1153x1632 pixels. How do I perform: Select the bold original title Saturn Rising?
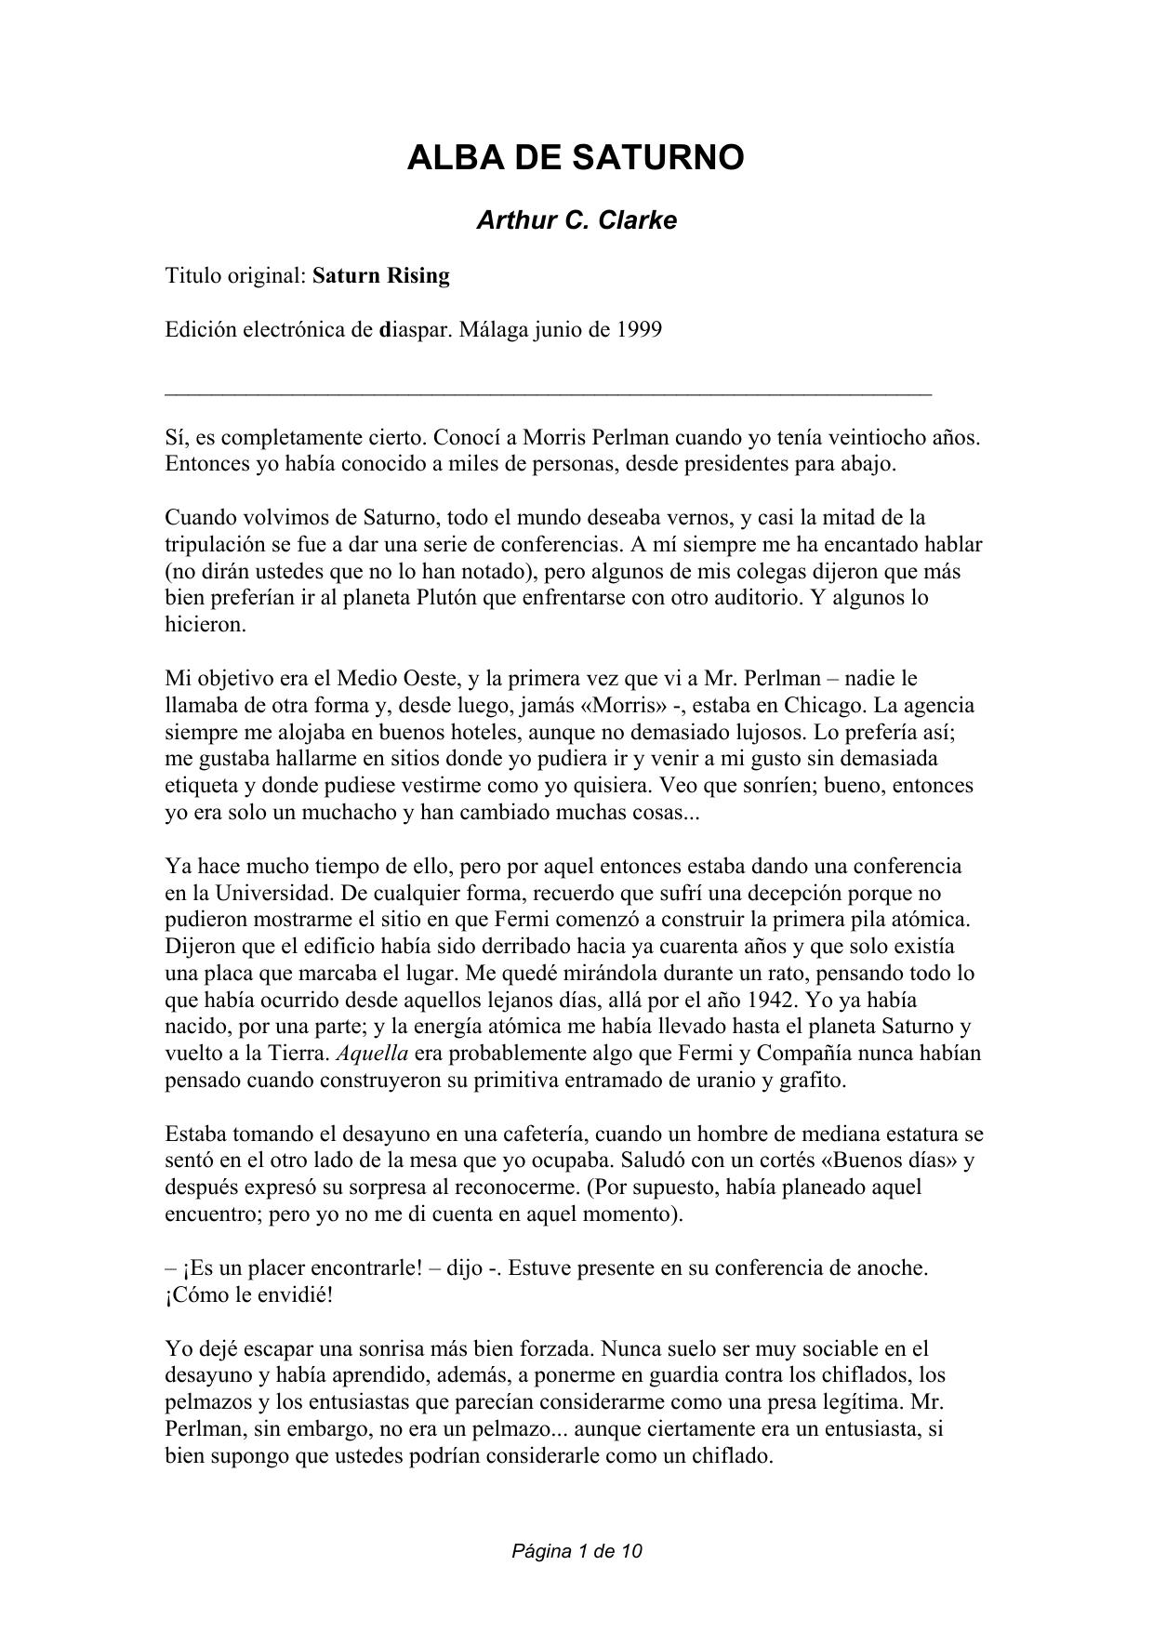(x=381, y=276)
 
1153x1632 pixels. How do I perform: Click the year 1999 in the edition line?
(x=639, y=330)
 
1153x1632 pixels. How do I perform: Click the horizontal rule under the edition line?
(x=549, y=395)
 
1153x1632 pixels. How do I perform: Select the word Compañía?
(x=811, y=1054)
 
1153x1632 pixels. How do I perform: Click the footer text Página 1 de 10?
(x=576, y=1551)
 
